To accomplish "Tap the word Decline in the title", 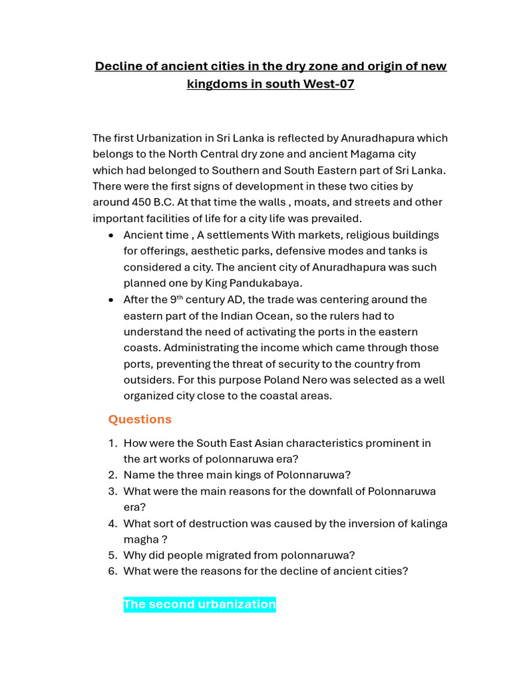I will coord(118,67).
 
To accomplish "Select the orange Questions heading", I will coord(140,419).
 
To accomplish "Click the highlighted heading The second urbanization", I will coord(200,605).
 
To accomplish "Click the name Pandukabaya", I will coord(265,283).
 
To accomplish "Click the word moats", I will coord(312,202).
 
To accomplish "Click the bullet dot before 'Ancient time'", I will coord(110,235).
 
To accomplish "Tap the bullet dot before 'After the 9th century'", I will coord(110,300).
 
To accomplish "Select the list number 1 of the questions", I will coord(112,443).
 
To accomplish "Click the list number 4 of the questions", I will coord(112,523).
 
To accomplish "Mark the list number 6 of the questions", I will coord(112,571).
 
